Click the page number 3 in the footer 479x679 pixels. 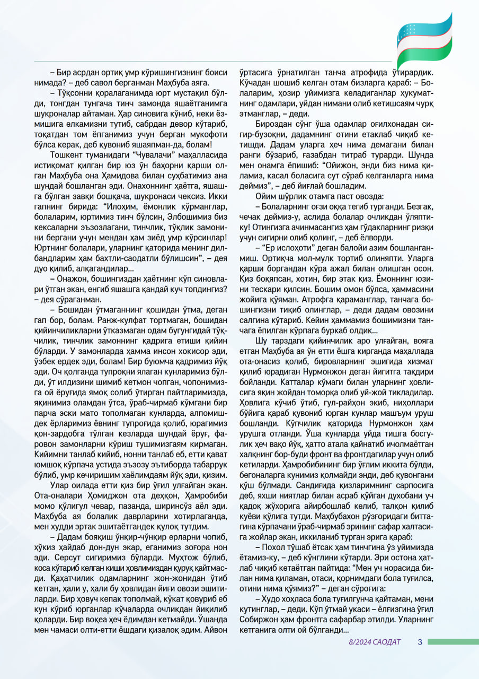(419, 642)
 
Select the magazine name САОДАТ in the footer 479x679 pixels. (386, 642)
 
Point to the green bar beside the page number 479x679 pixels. (453, 642)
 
